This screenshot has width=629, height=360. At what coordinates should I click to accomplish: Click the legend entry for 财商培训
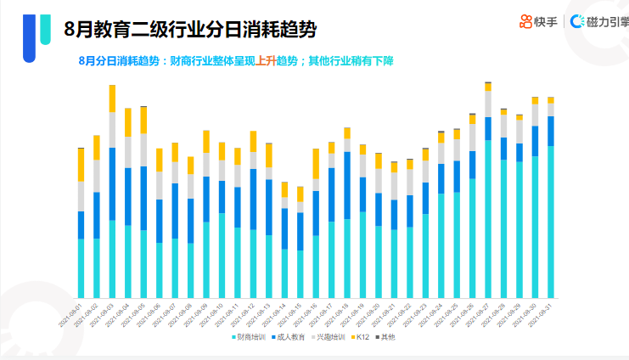click(250, 337)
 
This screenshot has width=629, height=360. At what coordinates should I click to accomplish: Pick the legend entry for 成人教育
click(289, 337)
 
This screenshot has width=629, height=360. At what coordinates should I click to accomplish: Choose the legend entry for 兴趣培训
click(328, 337)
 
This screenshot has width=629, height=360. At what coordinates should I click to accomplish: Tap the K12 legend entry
click(361, 337)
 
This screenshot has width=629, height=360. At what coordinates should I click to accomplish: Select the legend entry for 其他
click(386, 337)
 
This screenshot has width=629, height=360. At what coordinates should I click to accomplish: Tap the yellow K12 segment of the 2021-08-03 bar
click(112, 98)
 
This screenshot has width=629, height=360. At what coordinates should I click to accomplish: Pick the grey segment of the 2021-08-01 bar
click(81, 196)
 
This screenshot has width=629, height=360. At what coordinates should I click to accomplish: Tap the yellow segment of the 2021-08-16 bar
click(316, 163)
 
